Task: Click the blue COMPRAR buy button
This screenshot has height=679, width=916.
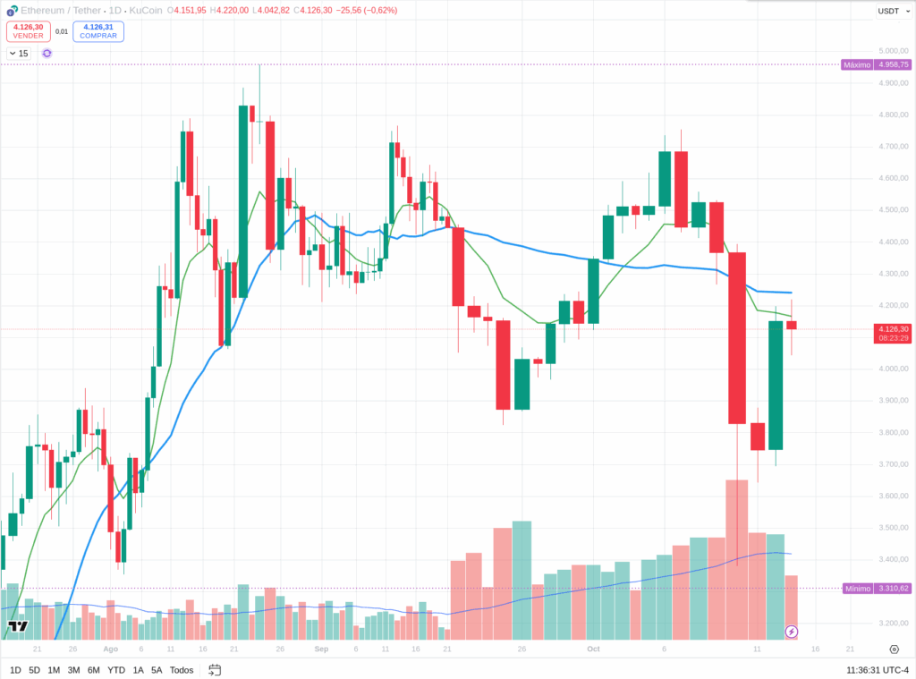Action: click(x=98, y=31)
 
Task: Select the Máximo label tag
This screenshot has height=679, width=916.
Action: click(x=857, y=64)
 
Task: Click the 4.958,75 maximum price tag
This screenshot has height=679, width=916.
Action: click(x=894, y=64)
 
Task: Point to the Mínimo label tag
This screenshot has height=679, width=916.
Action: click(x=857, y=588)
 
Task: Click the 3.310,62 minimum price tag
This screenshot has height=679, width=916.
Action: click(x=894, y=588)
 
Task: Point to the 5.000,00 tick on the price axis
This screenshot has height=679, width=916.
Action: click(x=894, y=51)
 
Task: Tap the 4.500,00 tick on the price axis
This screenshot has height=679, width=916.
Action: click(x=894, y=210)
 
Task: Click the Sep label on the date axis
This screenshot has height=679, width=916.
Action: click(x=322, y=649)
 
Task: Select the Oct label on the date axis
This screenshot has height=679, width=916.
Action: click(x=593, y=649)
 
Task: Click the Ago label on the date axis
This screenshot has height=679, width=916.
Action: click(x=110, y=649)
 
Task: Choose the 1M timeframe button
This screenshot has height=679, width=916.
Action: click(x=54, y=670)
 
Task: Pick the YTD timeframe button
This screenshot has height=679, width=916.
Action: click(x=116, y=670)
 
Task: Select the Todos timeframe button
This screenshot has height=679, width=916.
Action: click(x=182, y=670)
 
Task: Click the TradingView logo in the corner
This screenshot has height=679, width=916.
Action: click(x=16, y=626)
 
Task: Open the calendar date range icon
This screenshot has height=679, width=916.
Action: click(x=215, y=670)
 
